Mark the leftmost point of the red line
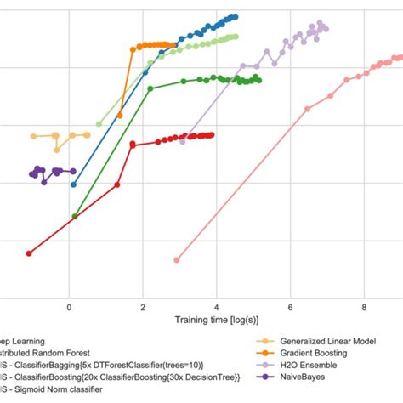pyautogui.click(x=29, y=253)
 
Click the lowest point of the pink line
pyautogui.click(x=177, y=259)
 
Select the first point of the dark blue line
pyautogui.click(x=73, y=184)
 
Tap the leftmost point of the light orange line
pyautogui.click(x=33, y=136)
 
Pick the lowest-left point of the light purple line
pyautogui.click(x=183, y=142)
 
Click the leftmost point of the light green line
pyautogui.click(x=99, y=124)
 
